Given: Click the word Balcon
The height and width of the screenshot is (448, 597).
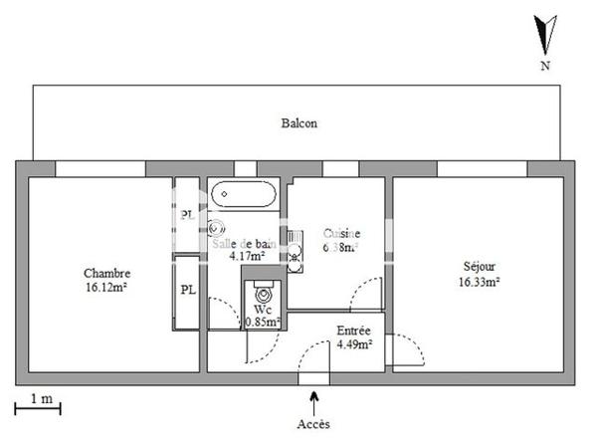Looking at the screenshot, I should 298,123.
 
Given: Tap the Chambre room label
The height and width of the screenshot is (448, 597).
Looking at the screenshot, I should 106,274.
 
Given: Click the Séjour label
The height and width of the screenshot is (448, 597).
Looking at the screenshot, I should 480,267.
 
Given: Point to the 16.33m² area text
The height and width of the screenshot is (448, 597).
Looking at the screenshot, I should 480,281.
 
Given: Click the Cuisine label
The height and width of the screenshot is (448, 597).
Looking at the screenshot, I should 342,234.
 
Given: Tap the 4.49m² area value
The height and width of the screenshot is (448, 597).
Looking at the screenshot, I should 353,345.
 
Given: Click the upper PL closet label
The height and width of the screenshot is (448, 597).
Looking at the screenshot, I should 187,215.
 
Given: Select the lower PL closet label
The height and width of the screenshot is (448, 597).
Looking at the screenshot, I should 187,290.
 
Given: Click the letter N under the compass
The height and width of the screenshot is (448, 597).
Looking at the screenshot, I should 544,67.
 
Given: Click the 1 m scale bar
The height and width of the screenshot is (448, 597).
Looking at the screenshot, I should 38,406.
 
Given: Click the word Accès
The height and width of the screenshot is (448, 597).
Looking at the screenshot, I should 314,424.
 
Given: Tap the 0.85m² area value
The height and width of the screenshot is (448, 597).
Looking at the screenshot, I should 262,323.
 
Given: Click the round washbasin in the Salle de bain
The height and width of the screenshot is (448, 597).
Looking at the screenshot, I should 217,228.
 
